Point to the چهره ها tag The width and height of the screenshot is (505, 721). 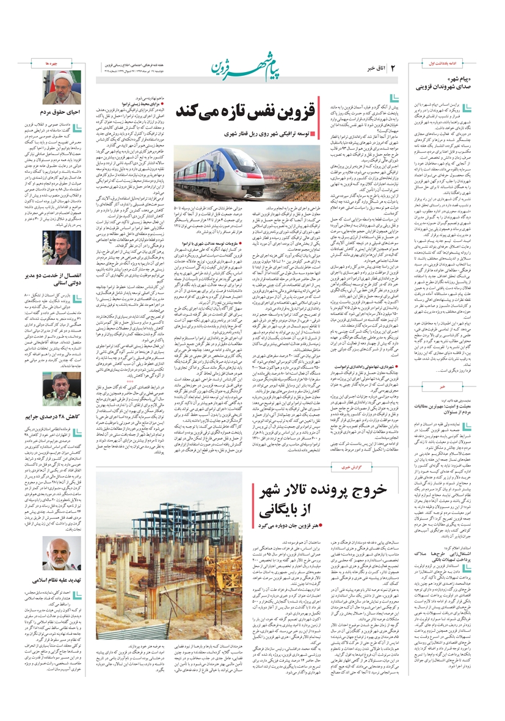click(52, 63)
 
